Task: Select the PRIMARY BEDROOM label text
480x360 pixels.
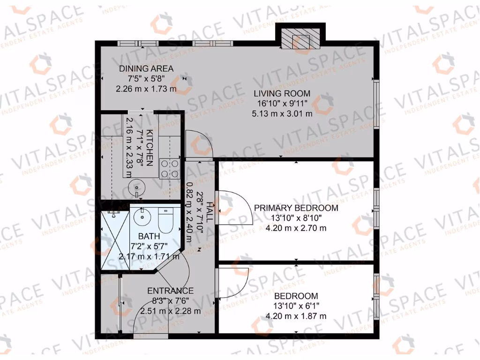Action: click(296, 208)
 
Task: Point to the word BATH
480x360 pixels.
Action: click(148, 236)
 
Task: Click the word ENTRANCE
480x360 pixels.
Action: click(170, 291)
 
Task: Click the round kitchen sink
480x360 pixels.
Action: click(135, 189)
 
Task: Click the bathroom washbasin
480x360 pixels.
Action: click(141, 217)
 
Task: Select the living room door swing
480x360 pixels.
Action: click(200, 145)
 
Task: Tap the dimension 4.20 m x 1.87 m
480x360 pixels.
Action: click(296, 316)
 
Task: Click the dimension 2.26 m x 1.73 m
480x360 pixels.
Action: click(146, 88)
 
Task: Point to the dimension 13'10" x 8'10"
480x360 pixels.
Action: click(296, 218)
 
